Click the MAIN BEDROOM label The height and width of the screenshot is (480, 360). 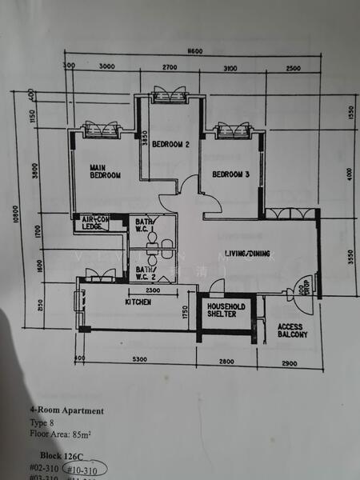[x=105, y=170]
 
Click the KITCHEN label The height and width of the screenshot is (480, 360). [x=138, y=302]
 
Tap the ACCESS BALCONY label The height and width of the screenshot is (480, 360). [x=293, y=330]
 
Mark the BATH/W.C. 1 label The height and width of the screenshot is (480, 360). [x=144, y=226]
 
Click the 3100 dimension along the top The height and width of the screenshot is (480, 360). [x=230, y=68]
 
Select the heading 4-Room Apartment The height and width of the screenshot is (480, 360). [x=67, y=411]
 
